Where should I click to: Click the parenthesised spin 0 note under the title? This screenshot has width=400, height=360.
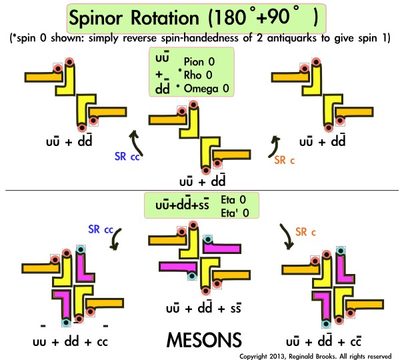[x=200, y=37]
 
